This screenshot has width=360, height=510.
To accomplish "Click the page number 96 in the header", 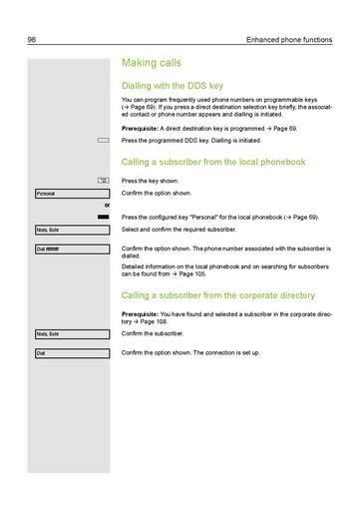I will click(31, 39).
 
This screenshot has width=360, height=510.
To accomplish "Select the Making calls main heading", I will click(152, 63).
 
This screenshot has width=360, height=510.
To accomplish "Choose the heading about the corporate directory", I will click(218, 294).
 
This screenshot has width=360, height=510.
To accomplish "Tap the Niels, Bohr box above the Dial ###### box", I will click(71, 230).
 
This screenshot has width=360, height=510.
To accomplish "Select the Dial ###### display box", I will click(71, 248).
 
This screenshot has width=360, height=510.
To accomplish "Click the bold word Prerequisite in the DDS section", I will click(142, 130).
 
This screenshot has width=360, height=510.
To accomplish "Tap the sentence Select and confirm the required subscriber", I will click(181, 230).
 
